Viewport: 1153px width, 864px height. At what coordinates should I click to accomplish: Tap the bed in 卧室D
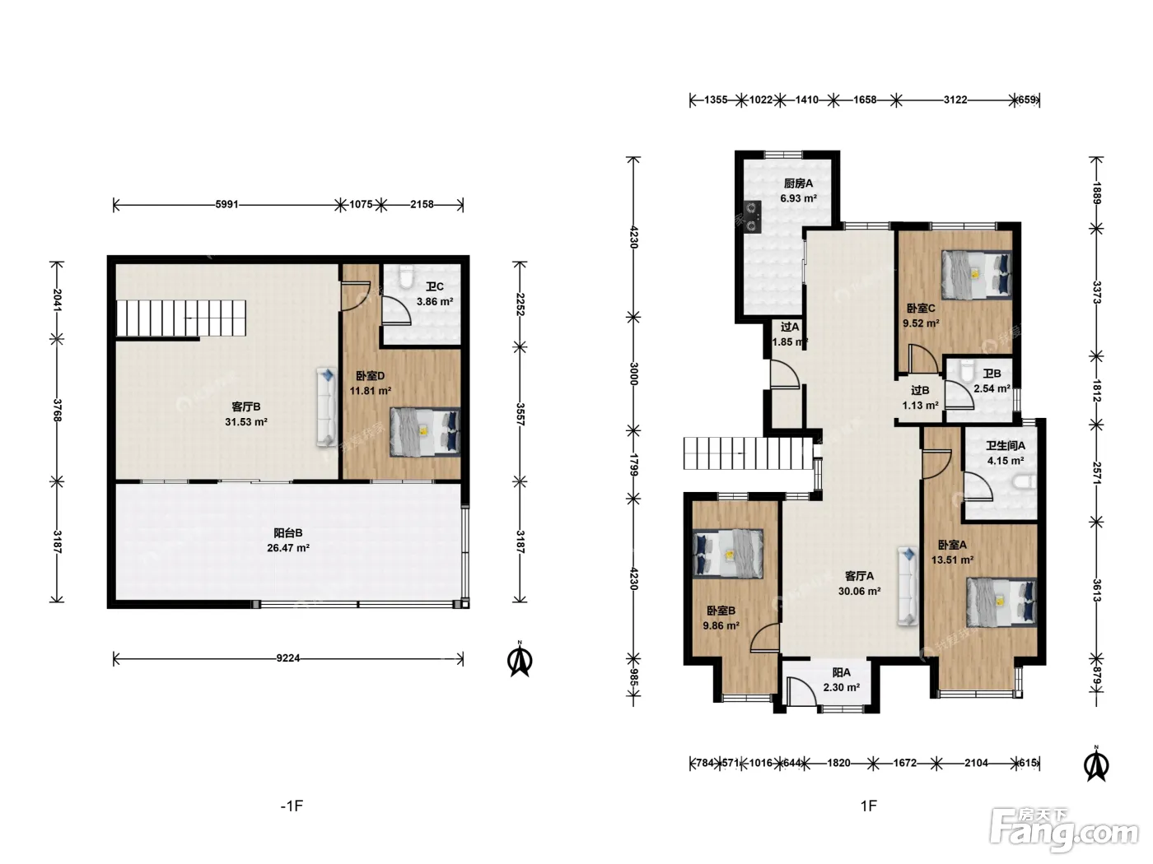pos(425,432)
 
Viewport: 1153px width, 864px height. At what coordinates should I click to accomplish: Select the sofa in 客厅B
pos(326,407)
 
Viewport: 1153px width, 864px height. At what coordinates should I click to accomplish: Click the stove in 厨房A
pos(752,216)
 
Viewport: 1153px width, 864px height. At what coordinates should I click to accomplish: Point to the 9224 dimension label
pos(288,658)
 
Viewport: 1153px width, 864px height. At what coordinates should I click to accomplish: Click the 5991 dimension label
pos(227,204)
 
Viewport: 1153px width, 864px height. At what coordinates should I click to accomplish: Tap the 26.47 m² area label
pos(288,548)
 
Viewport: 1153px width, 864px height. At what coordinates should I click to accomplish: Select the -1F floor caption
pos(292,806)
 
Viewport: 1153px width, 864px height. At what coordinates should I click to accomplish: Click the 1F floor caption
pos(869,806)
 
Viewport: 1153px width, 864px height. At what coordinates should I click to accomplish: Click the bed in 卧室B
pos(727,554)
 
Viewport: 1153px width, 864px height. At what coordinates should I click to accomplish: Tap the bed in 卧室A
pos(1001,602)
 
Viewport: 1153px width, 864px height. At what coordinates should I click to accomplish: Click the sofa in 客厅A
pos(908,586)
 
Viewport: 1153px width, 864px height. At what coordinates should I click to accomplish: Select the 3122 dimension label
pos(955,100)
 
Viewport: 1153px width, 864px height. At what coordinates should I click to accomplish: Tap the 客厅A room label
pos(859,576)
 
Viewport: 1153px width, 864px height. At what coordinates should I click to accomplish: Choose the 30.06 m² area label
pos(859,591)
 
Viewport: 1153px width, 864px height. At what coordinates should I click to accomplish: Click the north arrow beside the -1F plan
pos(520,659)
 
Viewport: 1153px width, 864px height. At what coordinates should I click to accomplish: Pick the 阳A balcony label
pos(841,672)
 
